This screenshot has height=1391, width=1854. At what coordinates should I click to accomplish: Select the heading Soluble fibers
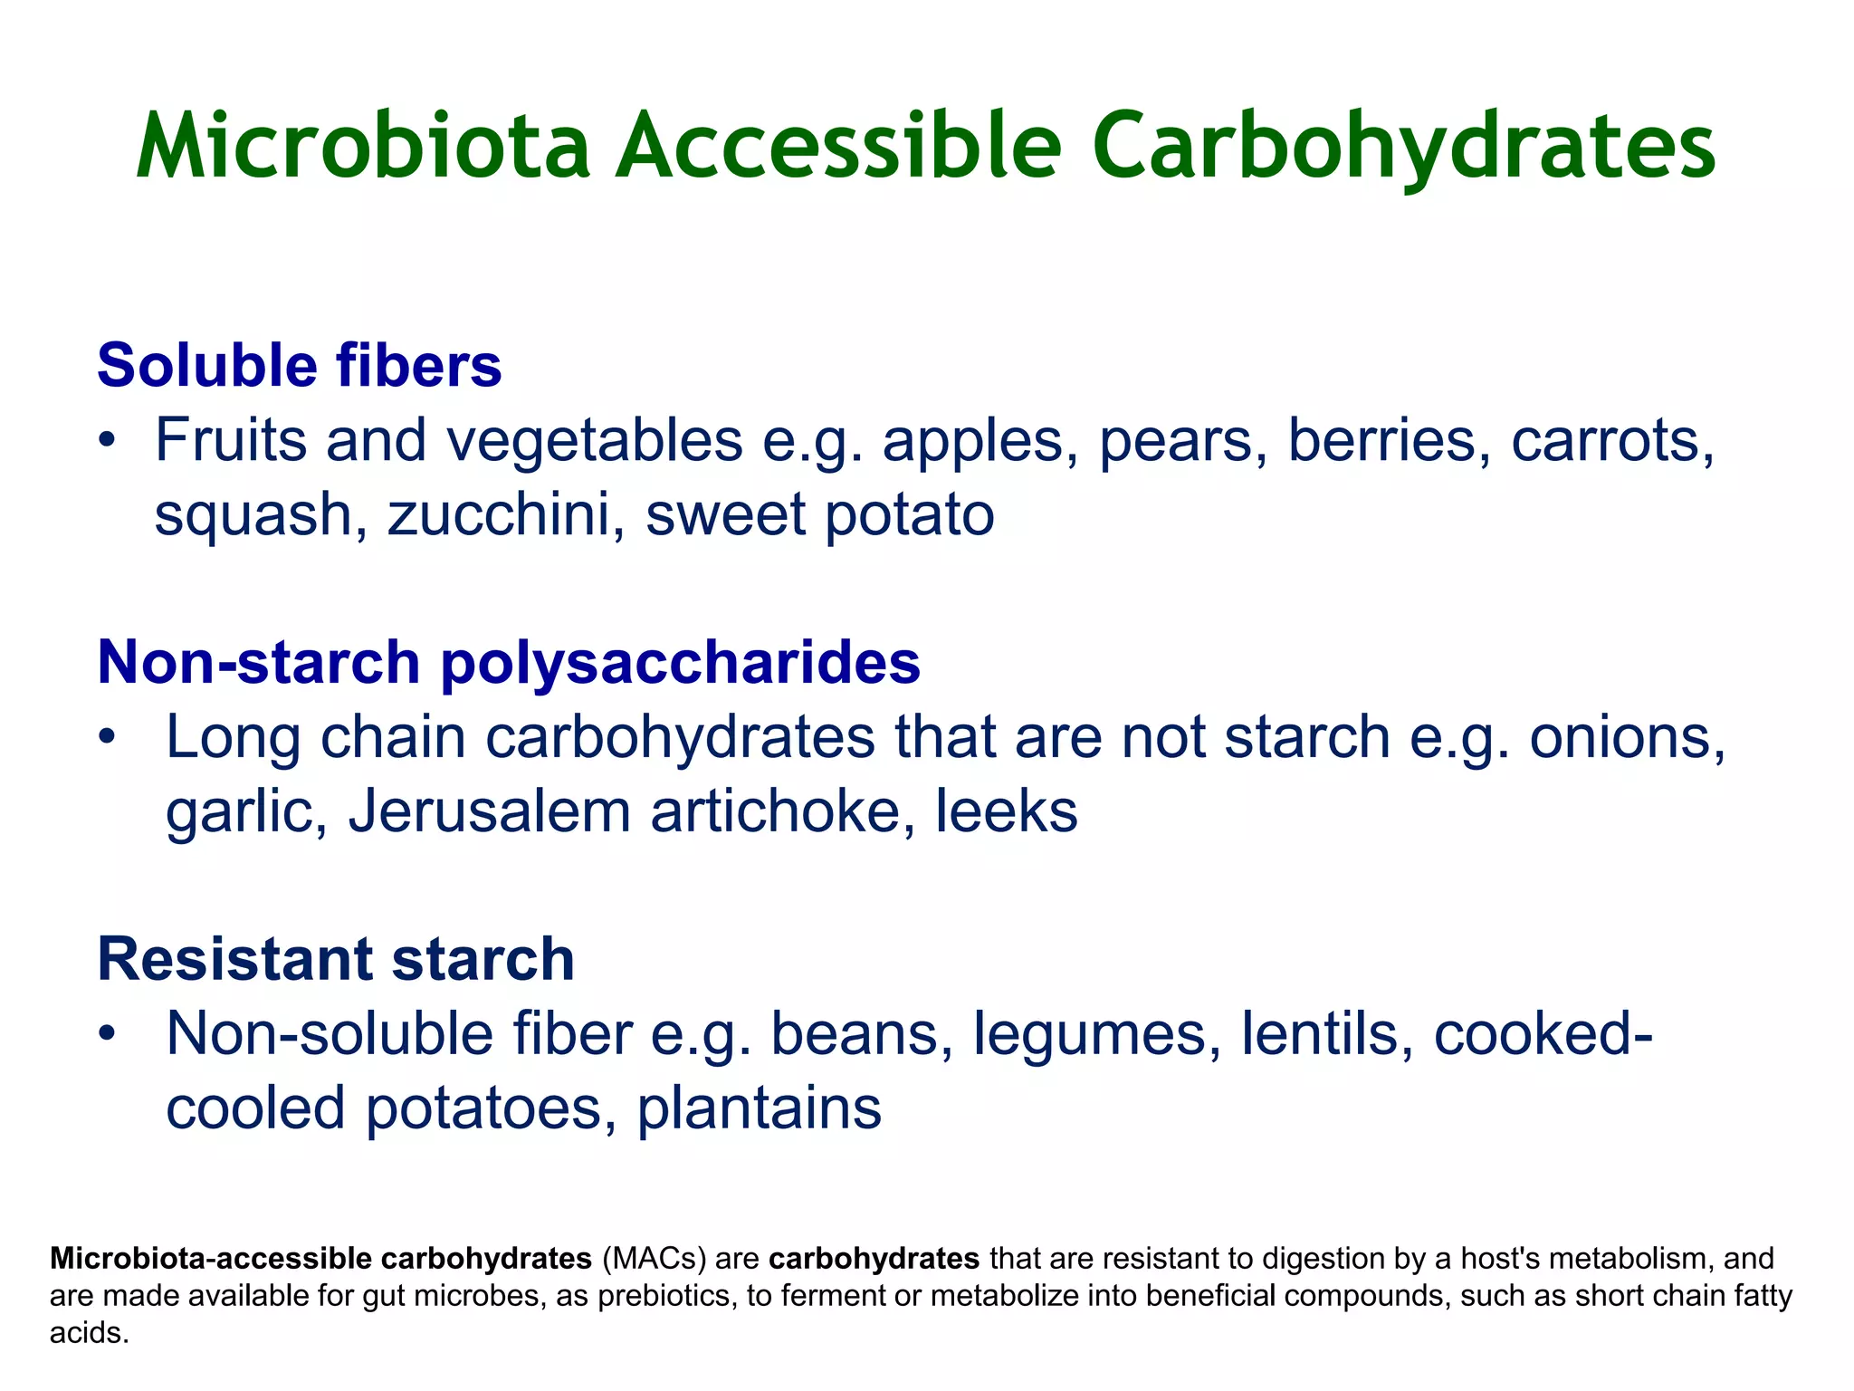[300, 366]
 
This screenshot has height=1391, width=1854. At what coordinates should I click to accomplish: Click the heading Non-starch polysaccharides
[509, 663]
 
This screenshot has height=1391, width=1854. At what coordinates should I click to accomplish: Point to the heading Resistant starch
[336, 960]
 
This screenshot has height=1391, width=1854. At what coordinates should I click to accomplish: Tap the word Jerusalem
[490, 812]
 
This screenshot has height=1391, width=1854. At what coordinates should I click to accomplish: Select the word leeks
[1007, 812]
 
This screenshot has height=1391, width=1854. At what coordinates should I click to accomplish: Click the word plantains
[760, 1108]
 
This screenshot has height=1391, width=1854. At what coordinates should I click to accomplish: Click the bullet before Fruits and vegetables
[108, 443]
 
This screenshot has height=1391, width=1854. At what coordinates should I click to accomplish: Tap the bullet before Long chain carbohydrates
[108, 738]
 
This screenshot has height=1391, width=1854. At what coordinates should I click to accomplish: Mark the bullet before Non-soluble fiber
[108, 1034]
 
